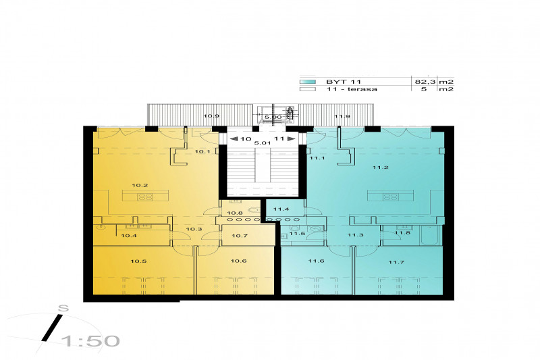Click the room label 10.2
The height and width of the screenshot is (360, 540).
click(140, 185)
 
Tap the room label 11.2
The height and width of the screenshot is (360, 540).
click(381, 168)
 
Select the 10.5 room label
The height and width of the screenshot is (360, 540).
click(138, 261)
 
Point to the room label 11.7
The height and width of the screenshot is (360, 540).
click(396, 262)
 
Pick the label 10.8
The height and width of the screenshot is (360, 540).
click(234, 213)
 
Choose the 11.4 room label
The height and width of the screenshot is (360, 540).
click(281, 209)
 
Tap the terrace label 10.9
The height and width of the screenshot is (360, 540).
click(211, 116)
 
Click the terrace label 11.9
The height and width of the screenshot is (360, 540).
click(342, 116)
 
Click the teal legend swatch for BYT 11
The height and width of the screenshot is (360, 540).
click(308, 82)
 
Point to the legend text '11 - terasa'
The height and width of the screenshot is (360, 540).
click(351, 89)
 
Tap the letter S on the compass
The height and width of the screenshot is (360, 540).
click(63, 308)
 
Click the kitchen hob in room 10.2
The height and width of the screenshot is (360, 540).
click(145, 197)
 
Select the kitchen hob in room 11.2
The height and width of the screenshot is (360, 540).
click(391, 197)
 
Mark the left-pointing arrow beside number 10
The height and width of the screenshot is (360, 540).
click(234, 139)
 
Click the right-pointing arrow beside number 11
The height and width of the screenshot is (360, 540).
click(291, 139)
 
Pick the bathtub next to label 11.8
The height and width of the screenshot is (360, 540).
click(431, 236)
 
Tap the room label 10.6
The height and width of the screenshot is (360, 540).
click(238, 261)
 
